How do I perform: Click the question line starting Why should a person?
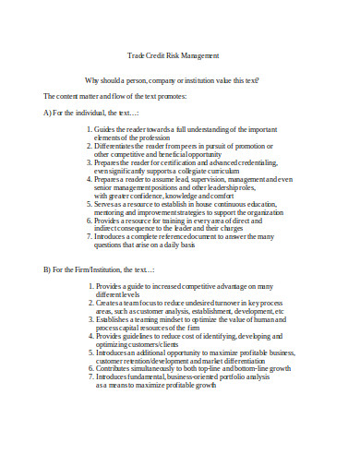(172, 80)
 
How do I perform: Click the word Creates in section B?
(109, 303)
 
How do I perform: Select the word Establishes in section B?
(114, 319)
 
